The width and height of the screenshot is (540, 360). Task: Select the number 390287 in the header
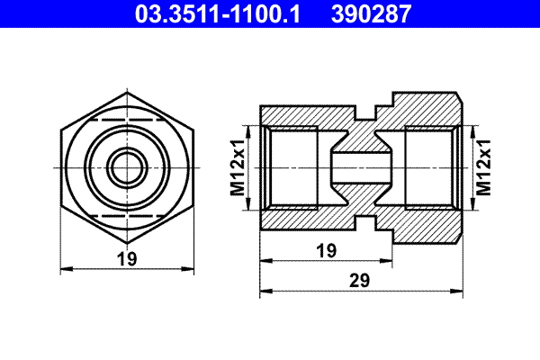[373, 13]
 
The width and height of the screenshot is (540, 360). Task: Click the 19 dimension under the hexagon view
[127, 259]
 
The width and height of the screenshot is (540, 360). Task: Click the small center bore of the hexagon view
[127, 166]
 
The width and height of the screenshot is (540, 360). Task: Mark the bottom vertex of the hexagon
[127, 244]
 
